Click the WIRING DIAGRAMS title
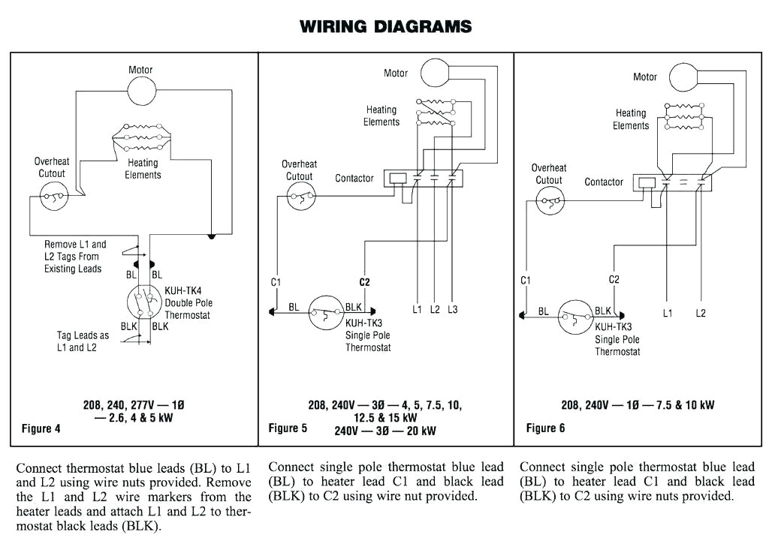click(385, 26)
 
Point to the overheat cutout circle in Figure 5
click(302, 199)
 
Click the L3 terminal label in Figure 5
click(451, 309)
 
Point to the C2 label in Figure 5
click(365, 282)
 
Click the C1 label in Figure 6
click(526, 280)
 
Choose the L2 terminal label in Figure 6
click(700, 313)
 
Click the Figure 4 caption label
click(36, 429)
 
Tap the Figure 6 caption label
click(546, 428)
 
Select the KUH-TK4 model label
click(183, 290)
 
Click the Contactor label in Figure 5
click(354, 178)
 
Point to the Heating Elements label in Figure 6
click(631, 119)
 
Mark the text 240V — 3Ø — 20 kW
click(384, 431)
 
